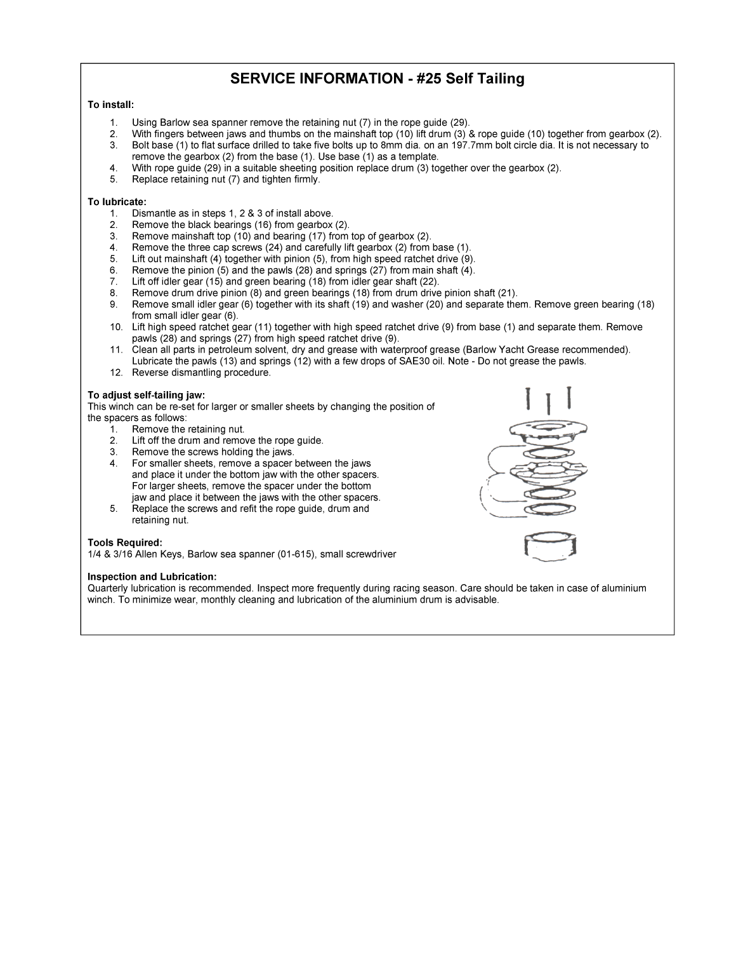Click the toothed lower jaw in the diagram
(x=549, y=471)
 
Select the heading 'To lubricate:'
(x=117, y=202)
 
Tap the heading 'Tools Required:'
(x=125, y=542)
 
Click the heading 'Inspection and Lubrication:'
(x=152, y=577)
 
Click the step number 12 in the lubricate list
(x=115, y=373)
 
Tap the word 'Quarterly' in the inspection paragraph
(x=107, y=588)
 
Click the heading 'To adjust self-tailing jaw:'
(x=146, y=395)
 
